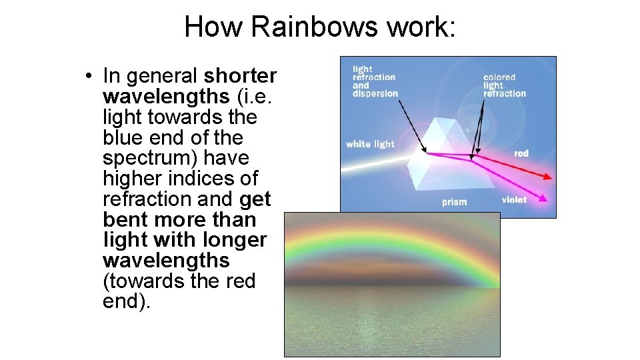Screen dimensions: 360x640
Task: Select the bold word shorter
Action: pos(241,75)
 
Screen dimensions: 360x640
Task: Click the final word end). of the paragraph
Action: pos(127,301)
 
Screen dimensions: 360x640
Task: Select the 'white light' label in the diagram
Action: pos(370,144)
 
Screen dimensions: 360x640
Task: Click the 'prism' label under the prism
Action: pos(454,202)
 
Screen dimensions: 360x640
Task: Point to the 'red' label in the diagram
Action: pos(521,153)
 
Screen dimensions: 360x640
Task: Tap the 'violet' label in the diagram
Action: pos(514,199)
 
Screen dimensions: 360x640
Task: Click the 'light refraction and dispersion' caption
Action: pos(375,81)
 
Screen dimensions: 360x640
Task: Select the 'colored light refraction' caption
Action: pos(504,85)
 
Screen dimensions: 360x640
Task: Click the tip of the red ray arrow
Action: pos(551,178)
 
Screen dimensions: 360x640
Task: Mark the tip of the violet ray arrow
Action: pos(547,199)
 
